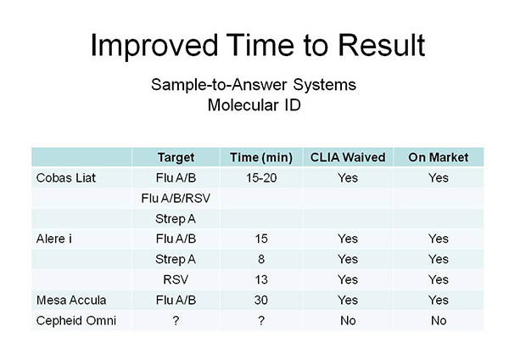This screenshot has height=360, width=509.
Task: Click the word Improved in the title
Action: pyautogui.click(x=154, y=46)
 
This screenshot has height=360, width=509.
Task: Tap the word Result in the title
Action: pyautogui.click(x=382, y=45)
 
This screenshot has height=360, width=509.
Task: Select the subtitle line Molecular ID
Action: pyautogui.click(x=255, y=105)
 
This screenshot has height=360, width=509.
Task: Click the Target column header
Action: pyautogui.click(x=176, y=158)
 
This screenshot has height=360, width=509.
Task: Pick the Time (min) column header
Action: pyautogui.click(x=261, y=158)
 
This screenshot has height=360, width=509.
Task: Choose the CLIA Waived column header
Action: pyautogui.click(x=348, y=157)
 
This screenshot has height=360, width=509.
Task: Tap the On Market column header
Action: pyautogui.click(x=439, y=157)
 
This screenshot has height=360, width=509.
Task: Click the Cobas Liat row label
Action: pyautogui.click(x=66, y=177)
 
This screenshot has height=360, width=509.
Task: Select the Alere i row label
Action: pyautogui.click(x=54, y=239)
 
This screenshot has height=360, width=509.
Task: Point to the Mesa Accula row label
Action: pyautogui.click(x=71, y=300)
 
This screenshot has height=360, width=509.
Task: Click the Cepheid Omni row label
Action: pyautogui.click(x=76, y=321)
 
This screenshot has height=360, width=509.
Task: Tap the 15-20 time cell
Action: pyautogui.click(x=261, y=177)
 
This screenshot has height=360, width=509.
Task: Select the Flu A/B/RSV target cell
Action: pyautogui.click(x=176, y=198)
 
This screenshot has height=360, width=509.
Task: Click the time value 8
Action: pyautogui.click(x=261, y=259)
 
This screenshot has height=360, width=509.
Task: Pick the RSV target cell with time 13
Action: pyautogui.click(x=176, y=279)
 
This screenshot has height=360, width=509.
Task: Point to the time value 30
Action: pyautogui.click(x=261, y=300)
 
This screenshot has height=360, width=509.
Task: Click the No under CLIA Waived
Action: pyautogui.click(x=348, y=321)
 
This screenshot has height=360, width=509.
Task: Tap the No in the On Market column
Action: pyautogui.click(x=439, y=321)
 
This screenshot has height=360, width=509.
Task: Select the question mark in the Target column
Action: pyautogui.click(x=176, y=320)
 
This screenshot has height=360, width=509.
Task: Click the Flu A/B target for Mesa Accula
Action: pyautogui.click(x=176, y=300)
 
